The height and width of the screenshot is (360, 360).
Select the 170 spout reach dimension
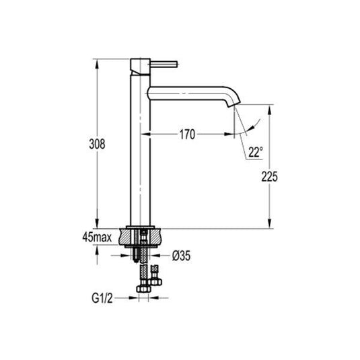187,135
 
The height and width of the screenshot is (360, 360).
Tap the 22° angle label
254,152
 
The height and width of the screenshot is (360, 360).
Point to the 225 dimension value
269,176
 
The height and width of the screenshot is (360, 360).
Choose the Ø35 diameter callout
183,256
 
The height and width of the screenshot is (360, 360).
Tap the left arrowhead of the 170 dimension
153,135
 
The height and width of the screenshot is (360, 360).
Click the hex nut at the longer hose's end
142,289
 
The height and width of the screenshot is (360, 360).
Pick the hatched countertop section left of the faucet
127,237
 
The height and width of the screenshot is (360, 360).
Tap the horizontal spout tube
188,90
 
